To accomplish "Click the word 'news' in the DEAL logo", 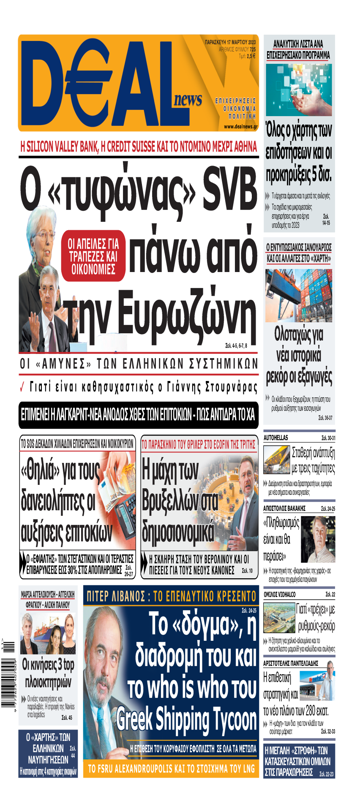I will (x=188, y=100).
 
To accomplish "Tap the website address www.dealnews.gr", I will (x=240, y=126).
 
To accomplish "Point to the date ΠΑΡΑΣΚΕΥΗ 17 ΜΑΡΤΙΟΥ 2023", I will (x=230, y=42).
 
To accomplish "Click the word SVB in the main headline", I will (x=229, y=188).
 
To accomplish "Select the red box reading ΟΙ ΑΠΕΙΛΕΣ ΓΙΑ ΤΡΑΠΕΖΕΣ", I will (x=93, y=256).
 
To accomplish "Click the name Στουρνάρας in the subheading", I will (x=231, y=387).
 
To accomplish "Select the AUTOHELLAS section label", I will (x=275, y=438).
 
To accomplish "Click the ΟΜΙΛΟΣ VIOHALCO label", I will (x=279, y=594).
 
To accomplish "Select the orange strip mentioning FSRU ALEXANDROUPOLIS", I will (x=171, y=769).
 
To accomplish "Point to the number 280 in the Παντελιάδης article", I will (x=311, y=710).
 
